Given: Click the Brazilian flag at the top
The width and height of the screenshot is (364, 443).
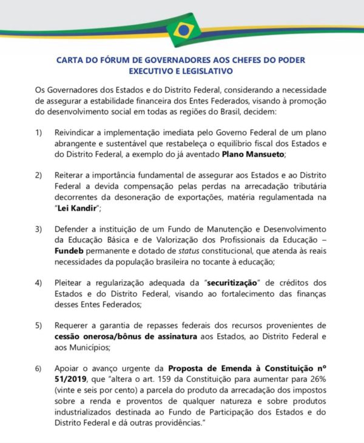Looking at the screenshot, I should pos(182,30).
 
